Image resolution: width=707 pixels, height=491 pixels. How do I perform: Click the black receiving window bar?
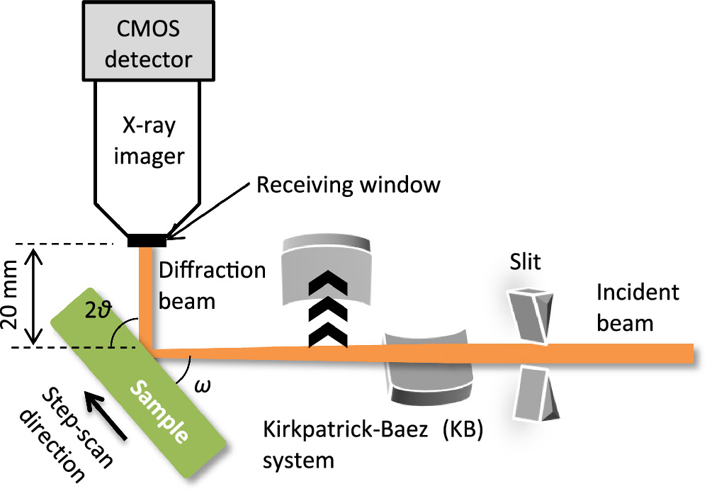click(x=147, y=241)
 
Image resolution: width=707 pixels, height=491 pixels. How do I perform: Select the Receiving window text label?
click(x=348, y=185)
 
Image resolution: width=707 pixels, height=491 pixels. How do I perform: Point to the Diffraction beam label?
click(x=212, y=286)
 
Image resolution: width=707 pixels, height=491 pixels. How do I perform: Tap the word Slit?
click(x=524, y=264)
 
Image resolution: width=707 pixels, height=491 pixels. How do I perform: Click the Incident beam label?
click(x=637, y=307)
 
